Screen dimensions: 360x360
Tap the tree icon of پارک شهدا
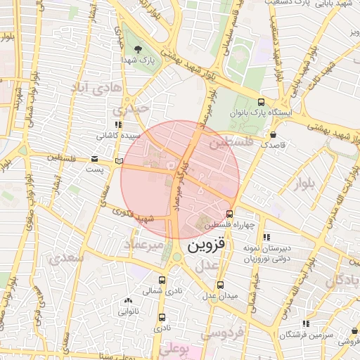[139, 49]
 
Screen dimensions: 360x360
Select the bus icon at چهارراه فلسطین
[229, 214]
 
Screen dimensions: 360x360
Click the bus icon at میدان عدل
[221, 285]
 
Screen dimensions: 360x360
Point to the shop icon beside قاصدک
[273, 134]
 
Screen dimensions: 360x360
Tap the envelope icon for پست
[95, 160]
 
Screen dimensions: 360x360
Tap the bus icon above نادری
[162, 318]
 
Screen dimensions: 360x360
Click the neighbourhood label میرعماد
[144, 244]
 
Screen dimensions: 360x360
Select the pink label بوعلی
[174, 348]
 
